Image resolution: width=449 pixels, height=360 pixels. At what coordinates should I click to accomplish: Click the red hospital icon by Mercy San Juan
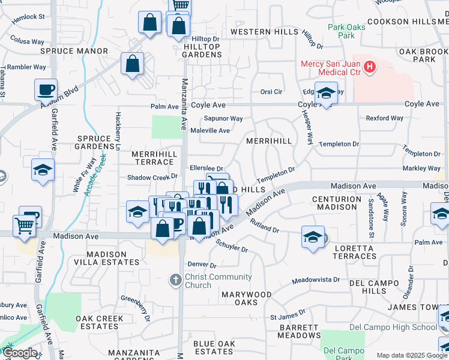pyautogui.click(x=370, y=65)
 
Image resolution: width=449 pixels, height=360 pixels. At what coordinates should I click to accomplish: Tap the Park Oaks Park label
pyautogui.click(x=342, y=31)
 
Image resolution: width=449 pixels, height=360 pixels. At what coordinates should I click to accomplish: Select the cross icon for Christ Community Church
pyautogui.click(x=175, y=280)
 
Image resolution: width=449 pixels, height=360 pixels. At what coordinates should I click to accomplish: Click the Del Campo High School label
pyautogui.click(x=393, y=327)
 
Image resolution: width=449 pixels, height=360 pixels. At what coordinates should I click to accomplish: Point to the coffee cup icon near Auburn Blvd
pyautogui.click(x=46, y=91)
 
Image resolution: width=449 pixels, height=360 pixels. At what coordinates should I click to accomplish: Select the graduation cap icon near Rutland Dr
pyautogui.click(x=313, y=238)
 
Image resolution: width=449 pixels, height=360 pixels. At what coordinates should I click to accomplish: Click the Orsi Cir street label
pyautogui.click(x=271, y=92)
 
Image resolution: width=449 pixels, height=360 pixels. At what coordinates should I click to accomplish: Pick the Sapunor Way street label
pyautogui.click(x=223, y=119)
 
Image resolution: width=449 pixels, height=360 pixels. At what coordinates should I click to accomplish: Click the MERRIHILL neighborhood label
pyautogui.click(x=269, y=141)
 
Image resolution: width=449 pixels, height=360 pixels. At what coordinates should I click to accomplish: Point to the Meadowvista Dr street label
pyautogui.click(x=316, y=280)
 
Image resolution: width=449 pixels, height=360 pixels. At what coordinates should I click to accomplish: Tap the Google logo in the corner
pyautogui.click(x=20, y=353)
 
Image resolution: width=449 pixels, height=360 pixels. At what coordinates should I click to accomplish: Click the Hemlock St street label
pyautogui.click(x=28, y=17)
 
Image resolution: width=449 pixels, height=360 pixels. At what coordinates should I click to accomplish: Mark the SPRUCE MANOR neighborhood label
pyautogui.click(x=65, y=51)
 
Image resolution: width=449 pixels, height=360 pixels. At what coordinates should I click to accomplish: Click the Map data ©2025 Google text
pyautogui.click(x=411, y=355)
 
